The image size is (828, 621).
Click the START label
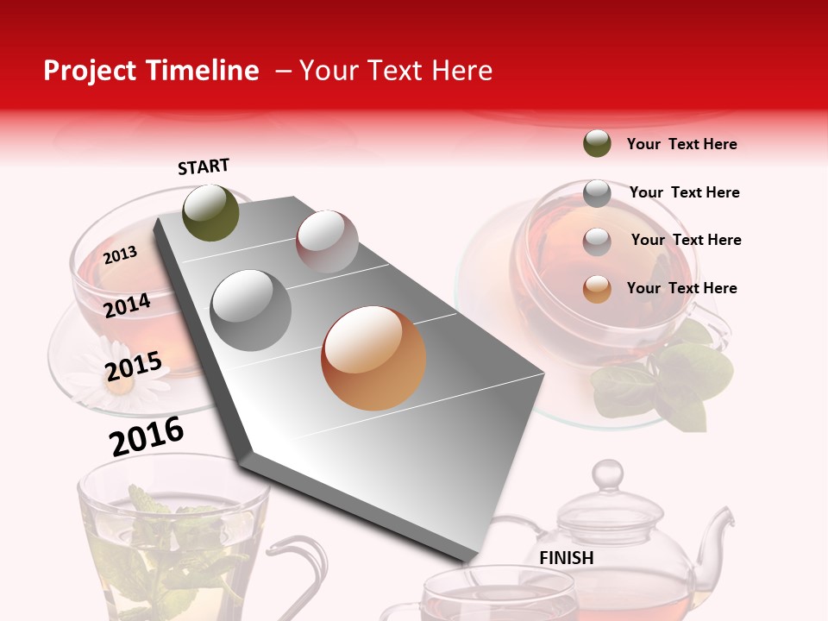tap(204, 166)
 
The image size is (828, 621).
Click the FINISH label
tap(566, 558)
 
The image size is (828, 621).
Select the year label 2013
tap(121, 254)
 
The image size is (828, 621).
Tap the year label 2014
tap(128, 305)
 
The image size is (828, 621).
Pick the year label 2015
tap(134, 367)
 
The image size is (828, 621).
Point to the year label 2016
tap(147, 436)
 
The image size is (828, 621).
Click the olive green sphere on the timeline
tap(211, 212)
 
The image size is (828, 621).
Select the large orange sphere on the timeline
tap(373, 358)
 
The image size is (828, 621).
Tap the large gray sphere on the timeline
tap(251, 310)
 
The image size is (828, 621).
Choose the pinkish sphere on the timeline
tap(327, 241)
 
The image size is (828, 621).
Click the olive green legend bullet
tap(597, 143)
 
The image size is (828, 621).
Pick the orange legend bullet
tap(597, 289)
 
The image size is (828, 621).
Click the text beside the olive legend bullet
tap(681, 144)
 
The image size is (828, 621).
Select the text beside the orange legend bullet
tap(681, 288)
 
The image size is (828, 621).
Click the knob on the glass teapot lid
tap(607, 474)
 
